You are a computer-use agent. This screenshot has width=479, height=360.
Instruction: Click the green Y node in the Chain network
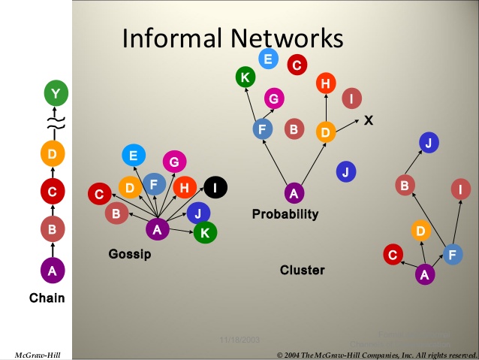53,94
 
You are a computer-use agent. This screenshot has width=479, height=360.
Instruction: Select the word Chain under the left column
47,298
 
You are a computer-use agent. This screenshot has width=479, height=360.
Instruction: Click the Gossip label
130,254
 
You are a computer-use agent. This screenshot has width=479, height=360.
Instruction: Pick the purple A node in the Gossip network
157,230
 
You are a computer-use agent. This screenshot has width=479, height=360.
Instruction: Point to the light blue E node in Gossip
134,156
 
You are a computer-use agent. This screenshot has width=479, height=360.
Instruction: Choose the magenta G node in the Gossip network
173,162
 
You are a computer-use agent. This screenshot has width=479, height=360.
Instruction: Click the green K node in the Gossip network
203,233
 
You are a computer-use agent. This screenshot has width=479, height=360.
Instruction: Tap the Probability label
285,214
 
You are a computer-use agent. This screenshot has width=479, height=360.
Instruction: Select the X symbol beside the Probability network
369,119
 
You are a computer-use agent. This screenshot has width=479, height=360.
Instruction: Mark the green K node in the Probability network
245,76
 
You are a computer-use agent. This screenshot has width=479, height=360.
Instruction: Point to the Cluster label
302,270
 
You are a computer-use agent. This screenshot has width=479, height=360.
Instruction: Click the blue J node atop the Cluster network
428,142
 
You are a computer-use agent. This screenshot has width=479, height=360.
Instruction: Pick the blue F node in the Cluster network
452,255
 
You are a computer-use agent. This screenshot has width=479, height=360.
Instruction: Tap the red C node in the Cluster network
392,256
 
